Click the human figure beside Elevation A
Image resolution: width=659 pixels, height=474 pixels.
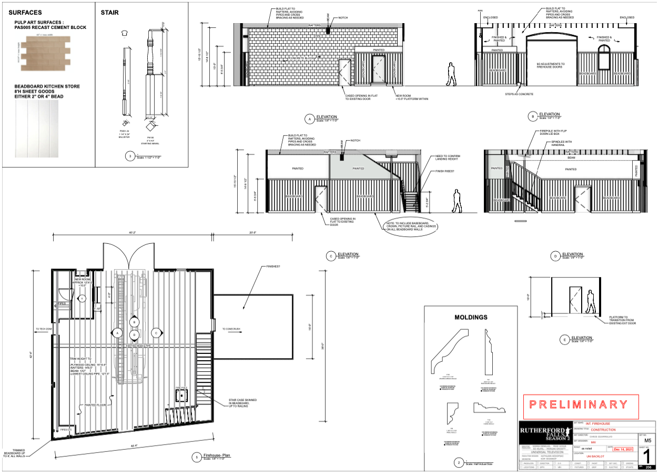[x=451, y=74]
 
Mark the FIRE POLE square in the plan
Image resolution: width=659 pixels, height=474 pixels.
[x=181, y=393]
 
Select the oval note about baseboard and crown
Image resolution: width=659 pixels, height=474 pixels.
[x=412, y=226]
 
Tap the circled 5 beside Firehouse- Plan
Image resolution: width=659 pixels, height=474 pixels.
[x=196, y=457]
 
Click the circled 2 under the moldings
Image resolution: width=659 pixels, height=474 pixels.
[x=459, y=463]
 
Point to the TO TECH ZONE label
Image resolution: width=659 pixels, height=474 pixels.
[x=44, y=329]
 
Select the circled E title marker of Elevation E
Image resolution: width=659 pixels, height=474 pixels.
[x=564, y=340]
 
